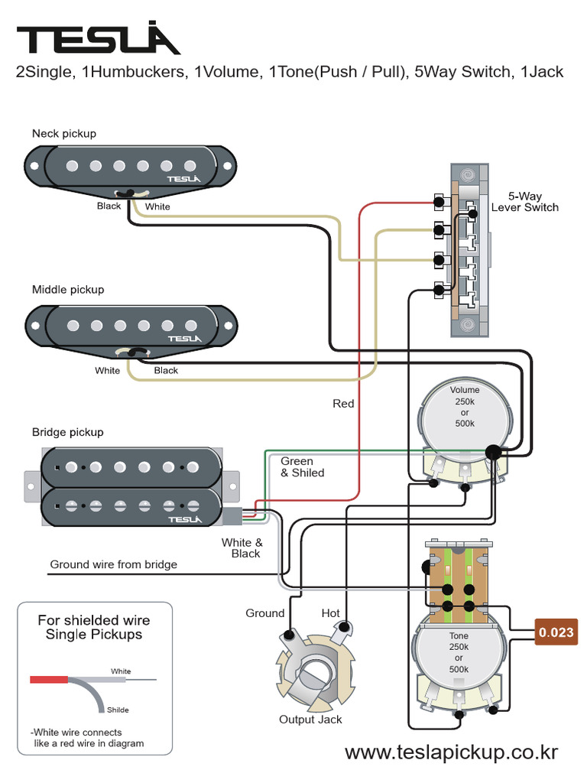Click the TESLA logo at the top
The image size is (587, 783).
(x=98, y=39)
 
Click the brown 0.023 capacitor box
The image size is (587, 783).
(x=554, y=632)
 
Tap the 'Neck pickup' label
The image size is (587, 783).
(x=64, y=134)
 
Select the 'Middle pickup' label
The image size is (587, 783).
(x=68, y=290)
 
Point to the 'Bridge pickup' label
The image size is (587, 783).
(x=67, y=432)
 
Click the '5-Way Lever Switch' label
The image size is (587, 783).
(x=524, y=202)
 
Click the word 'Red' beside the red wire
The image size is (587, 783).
(x=343, y=403)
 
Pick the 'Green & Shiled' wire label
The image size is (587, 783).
(x=302, y=467)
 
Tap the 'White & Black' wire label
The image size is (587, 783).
(x=242, y=548)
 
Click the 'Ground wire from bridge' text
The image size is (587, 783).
(x=113, y=564)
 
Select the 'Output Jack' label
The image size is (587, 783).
(x=310, y=720)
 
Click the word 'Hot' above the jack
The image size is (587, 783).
(x=331, y=613)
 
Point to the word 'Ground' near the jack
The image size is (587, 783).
(x=264, y=613)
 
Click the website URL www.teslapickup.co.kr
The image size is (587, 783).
(x=451, y=752)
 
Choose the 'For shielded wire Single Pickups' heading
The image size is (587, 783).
(x=94, y=627)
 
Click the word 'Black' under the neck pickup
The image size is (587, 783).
(x=109, y=206)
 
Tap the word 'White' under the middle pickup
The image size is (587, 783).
(x=107, y=371)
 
